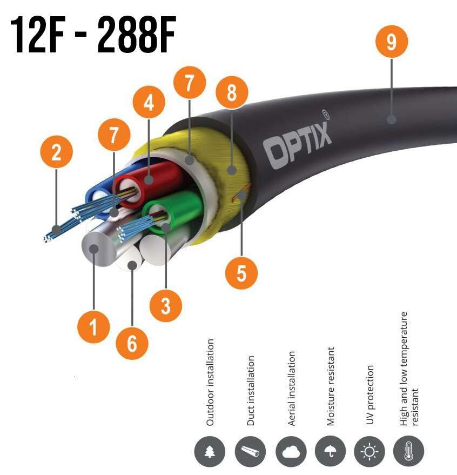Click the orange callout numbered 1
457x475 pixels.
94,326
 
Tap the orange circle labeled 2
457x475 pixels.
56,153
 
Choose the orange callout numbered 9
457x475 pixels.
391,42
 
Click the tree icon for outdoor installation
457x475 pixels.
210,452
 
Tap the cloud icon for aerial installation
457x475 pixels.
291,452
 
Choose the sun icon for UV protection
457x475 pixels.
369,452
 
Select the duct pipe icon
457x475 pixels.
251,452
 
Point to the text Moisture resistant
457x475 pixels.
331,386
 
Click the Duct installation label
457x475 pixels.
251,390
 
